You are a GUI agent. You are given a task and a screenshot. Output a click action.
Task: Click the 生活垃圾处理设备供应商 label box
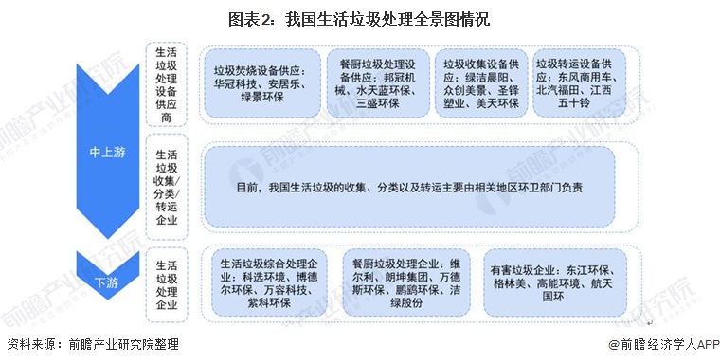pos(166,82)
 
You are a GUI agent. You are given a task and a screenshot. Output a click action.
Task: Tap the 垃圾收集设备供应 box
pos(480,82)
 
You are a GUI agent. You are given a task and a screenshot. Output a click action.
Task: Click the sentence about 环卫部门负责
pos(410,187)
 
